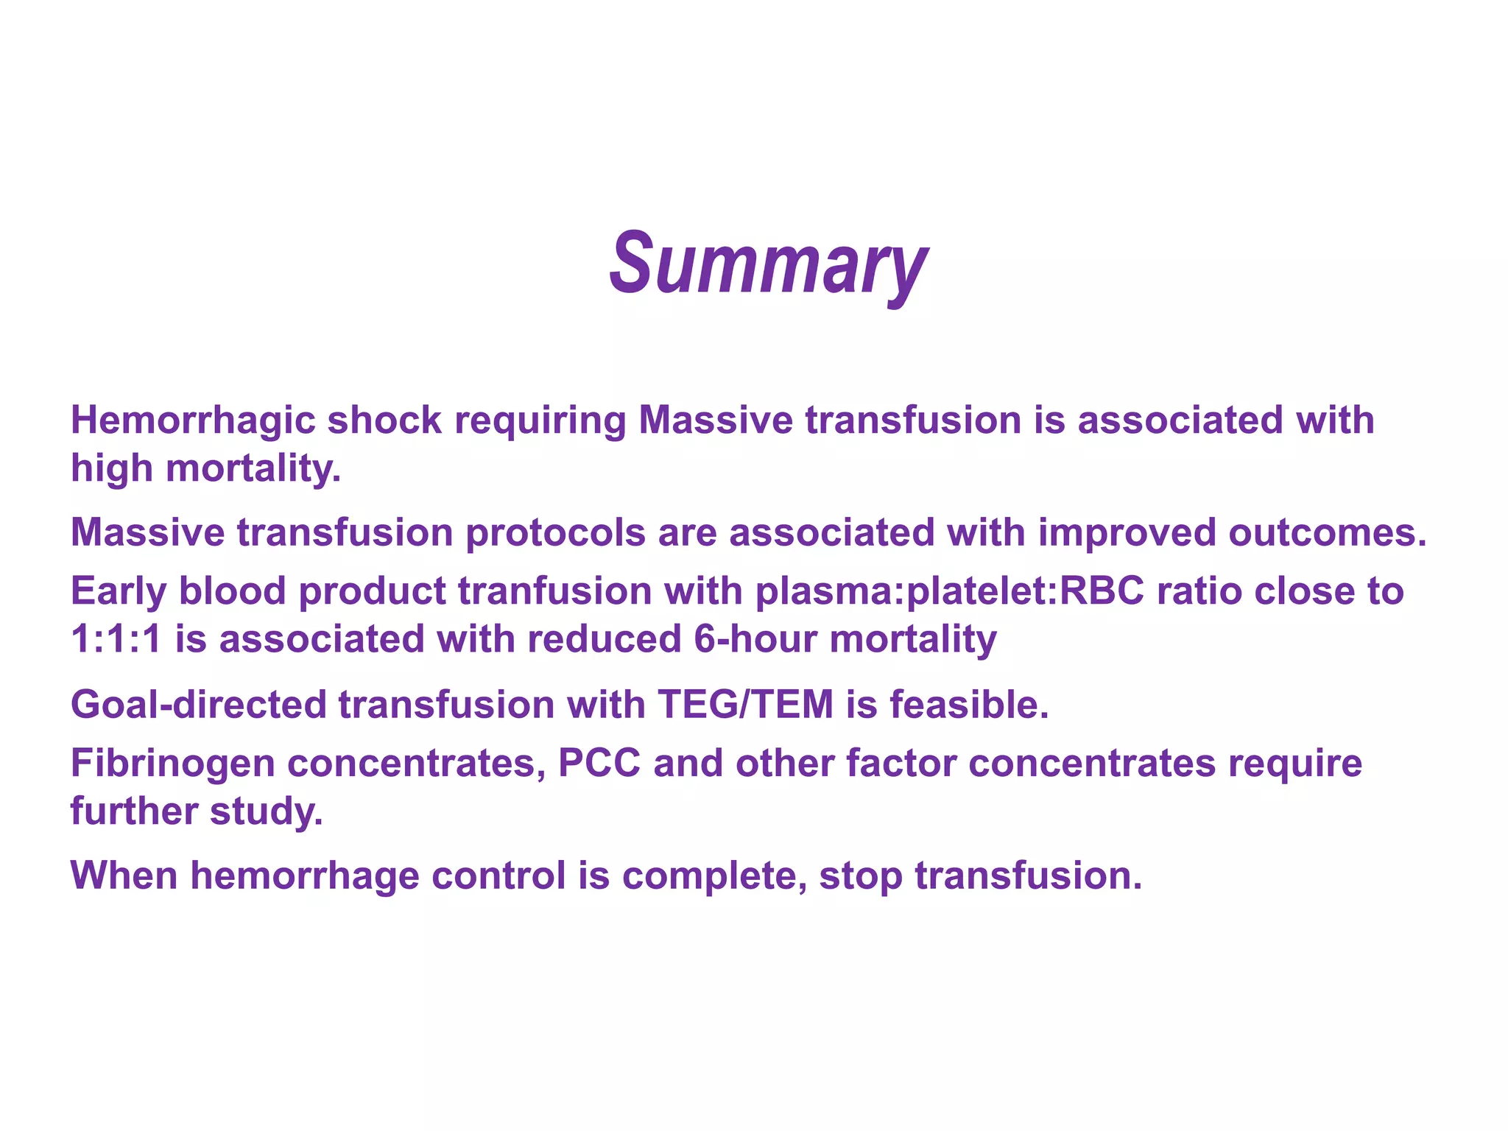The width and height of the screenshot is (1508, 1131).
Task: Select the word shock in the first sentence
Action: click(x=384, y=421)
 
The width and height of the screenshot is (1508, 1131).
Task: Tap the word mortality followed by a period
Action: click(x=253, y=468)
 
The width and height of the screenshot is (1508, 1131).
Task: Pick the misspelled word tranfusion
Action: click(x=554, y=591)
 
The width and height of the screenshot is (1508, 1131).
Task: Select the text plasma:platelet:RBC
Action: click(x=950, y=591)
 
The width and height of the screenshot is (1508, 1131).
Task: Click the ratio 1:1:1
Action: click(x=116, y=639)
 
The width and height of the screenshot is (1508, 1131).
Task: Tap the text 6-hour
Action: click(x=755, y=639)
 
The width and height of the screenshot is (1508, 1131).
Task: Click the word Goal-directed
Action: click(x=198, y=705)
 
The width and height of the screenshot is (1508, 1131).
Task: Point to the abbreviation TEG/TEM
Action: click(x=745, y=705)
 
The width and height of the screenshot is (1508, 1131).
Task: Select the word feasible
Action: click(x=969, y=705)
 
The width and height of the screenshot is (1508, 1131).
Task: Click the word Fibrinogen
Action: click(x=172, y=764)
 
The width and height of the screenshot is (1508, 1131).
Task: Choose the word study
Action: click(x=266, y=811)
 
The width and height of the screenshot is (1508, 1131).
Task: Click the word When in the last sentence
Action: click(x=124, y=876)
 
